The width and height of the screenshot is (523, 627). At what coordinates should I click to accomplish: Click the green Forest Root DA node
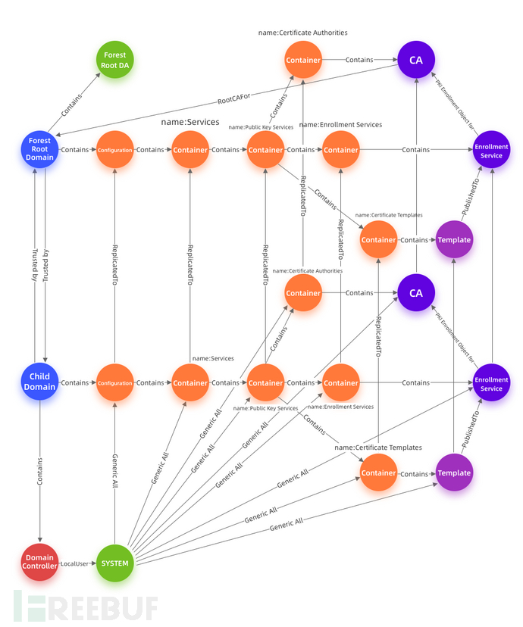[x=114, y=59]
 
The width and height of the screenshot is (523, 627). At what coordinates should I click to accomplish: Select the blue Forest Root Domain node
[x=39, y=149]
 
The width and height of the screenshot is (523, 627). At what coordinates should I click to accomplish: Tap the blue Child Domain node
[x=39, y=382]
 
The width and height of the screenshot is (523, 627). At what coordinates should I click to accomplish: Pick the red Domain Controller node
[x=39, y=563]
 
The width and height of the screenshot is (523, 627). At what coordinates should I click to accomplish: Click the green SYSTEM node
[x=114, y=563]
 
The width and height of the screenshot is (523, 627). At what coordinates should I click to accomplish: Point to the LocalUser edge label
[x=76, y=563]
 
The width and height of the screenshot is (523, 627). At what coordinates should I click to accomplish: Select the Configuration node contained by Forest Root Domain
[x=114, y=150]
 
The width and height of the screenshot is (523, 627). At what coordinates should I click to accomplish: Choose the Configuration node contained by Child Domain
[x=114, y=382]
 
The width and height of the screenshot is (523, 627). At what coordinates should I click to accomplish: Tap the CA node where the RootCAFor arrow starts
[x=416, y=59]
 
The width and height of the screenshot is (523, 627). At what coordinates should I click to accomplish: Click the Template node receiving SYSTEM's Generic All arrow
[x=454, y=473]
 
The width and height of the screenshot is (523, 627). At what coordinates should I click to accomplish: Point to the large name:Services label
[x=189, y=121]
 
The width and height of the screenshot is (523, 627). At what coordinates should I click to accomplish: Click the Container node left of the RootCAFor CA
[x=303, y=59]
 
